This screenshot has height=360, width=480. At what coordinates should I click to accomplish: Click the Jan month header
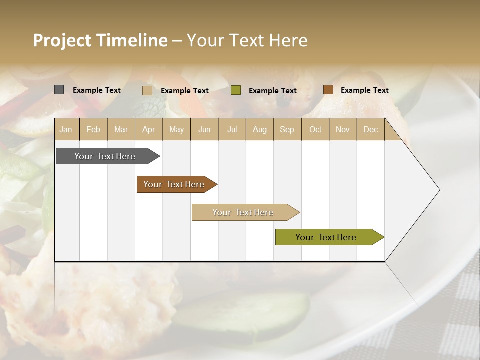[66, 129]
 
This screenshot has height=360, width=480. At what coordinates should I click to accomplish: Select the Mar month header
[121, 129]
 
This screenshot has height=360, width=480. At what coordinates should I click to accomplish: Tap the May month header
[176, 129]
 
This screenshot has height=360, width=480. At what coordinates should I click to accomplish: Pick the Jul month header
[232, 129]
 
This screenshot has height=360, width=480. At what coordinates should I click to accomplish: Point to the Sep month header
[287, 129]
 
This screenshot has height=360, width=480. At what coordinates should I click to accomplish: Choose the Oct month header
[315, 129]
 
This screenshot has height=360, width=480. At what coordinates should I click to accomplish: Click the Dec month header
[371, 129]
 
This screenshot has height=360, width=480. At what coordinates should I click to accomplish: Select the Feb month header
[93, 129]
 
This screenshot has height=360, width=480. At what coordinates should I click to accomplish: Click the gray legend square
[59, 90]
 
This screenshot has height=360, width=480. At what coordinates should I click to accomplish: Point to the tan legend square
[147, 90]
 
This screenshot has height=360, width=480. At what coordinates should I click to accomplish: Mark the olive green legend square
[236, 90]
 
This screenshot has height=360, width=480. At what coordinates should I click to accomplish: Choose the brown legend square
[328, 90]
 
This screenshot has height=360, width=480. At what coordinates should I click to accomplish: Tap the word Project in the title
[62, 40]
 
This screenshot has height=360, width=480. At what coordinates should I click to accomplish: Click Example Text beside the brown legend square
[364, 90]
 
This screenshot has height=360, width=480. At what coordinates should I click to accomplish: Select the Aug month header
[260, 129]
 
